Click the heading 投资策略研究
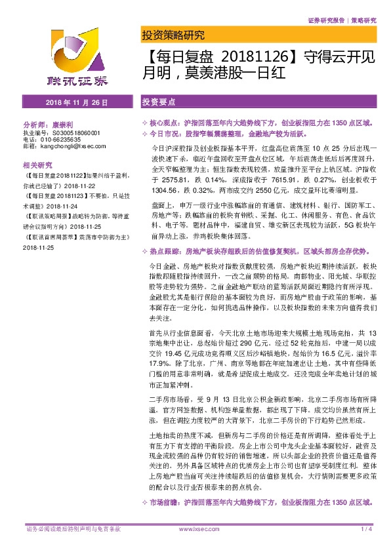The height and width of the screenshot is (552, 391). click(x=173, y=36)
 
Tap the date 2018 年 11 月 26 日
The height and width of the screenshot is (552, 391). click(x=77, y=104)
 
